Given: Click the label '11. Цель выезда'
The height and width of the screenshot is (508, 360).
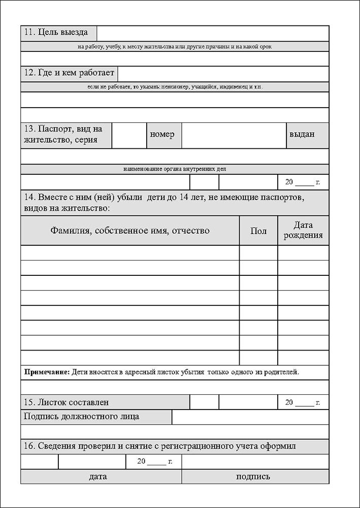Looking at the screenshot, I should tap(56, 33).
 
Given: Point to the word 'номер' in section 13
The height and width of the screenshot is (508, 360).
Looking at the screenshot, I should tap(162, 135).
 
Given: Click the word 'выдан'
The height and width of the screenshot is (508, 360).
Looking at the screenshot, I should tap(302, 135).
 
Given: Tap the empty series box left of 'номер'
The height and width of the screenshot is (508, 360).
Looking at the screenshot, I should tap(129, 135).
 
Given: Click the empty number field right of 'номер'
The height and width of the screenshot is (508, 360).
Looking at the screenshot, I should tap(234, 135).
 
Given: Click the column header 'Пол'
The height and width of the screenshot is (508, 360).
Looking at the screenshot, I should tap(258, 231).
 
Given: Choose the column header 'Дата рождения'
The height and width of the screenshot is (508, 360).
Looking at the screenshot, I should tap(303, 230).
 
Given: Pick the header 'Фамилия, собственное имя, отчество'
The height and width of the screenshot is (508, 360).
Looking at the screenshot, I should tap(130, 231).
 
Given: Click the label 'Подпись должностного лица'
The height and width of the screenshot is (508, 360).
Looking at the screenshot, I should tap(82, 417).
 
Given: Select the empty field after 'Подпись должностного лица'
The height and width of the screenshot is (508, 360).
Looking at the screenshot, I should tap(250, 417).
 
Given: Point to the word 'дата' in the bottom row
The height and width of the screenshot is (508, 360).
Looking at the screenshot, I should tap(97, 477).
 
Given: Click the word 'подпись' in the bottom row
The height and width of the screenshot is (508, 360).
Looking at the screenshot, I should tap(253, 477).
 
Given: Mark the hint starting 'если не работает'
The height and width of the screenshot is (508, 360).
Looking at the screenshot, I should tap(175, 87).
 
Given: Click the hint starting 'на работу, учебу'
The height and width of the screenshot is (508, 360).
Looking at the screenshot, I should tap(175, 46).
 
